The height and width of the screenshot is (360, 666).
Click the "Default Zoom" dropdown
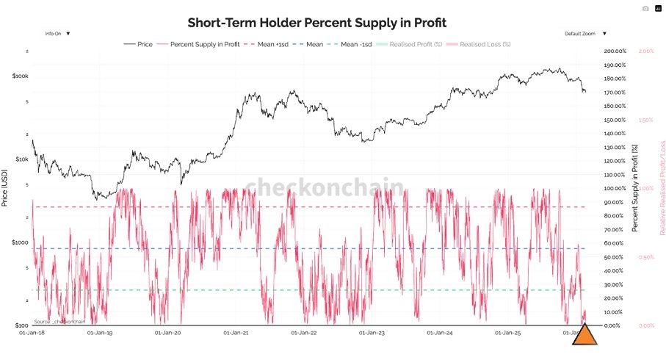pyautogui.click(x=585, y=33)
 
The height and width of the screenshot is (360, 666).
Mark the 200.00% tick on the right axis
pyautogui.click(x=615, y=51)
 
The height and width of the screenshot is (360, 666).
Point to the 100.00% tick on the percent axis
pyautogui.click(x=615, y=189)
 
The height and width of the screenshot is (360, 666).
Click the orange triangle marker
pyautogui.click(x=584, y=334)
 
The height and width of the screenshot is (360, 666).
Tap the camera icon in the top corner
pyautogui.click(x=645, y=9)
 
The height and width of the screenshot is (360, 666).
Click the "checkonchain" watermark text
pyautogui.click(x=323, y=187)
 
